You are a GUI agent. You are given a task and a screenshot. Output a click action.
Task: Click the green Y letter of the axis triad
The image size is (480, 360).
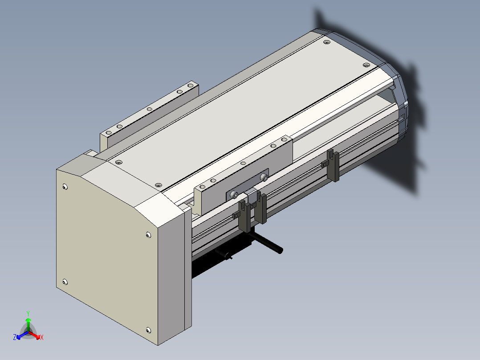click(28, 313)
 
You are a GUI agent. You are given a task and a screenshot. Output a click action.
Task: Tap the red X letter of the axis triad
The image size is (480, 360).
click(42, 337)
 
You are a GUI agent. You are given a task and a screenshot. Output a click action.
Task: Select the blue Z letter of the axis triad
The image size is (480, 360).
click(15, 337)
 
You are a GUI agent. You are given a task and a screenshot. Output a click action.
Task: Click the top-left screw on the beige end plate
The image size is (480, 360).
click(65, 187)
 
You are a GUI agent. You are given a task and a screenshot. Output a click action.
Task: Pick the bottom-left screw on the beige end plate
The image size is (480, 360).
click(65, 282)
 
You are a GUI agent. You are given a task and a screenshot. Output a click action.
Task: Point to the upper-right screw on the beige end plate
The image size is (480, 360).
click(148, 235)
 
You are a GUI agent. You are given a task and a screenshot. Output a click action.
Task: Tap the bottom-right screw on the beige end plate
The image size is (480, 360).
click(148, 330)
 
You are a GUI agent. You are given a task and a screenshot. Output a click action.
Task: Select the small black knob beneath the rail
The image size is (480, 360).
click(228, 256)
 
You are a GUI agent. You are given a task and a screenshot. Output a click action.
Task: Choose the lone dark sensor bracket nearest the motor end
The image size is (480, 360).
click(333, 165)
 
